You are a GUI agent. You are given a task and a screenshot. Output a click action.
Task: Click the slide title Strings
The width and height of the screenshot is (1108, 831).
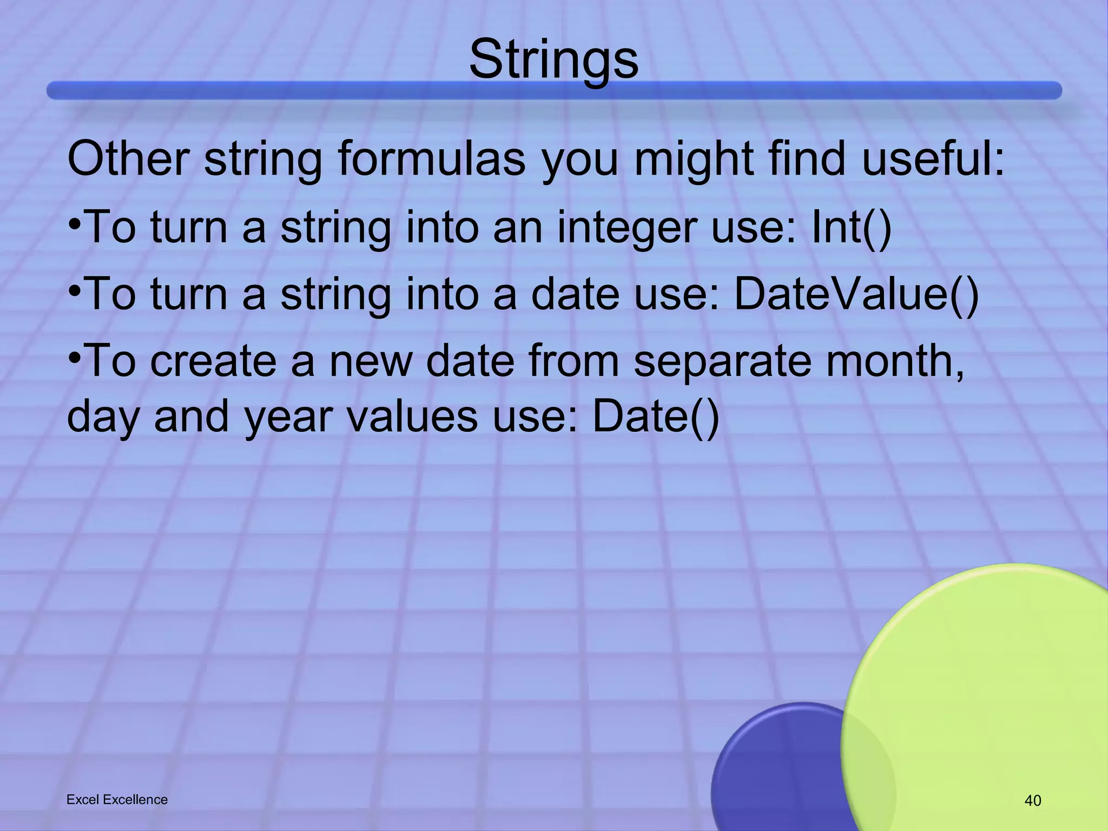tap(553, 60)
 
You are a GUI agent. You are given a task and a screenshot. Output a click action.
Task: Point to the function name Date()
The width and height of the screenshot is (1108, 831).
tap(656, 416)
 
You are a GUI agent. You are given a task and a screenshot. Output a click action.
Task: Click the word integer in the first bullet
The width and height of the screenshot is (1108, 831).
tap(625, 228)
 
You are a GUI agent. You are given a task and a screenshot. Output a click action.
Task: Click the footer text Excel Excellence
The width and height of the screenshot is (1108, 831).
tap(117, 800)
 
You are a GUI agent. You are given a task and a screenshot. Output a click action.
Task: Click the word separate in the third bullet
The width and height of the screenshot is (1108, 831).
tap(722, 361)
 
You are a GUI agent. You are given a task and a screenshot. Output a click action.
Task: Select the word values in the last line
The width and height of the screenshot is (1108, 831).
tap(412, 416)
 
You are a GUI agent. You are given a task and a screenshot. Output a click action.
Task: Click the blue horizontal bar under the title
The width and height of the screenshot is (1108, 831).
tap(553, 90)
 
